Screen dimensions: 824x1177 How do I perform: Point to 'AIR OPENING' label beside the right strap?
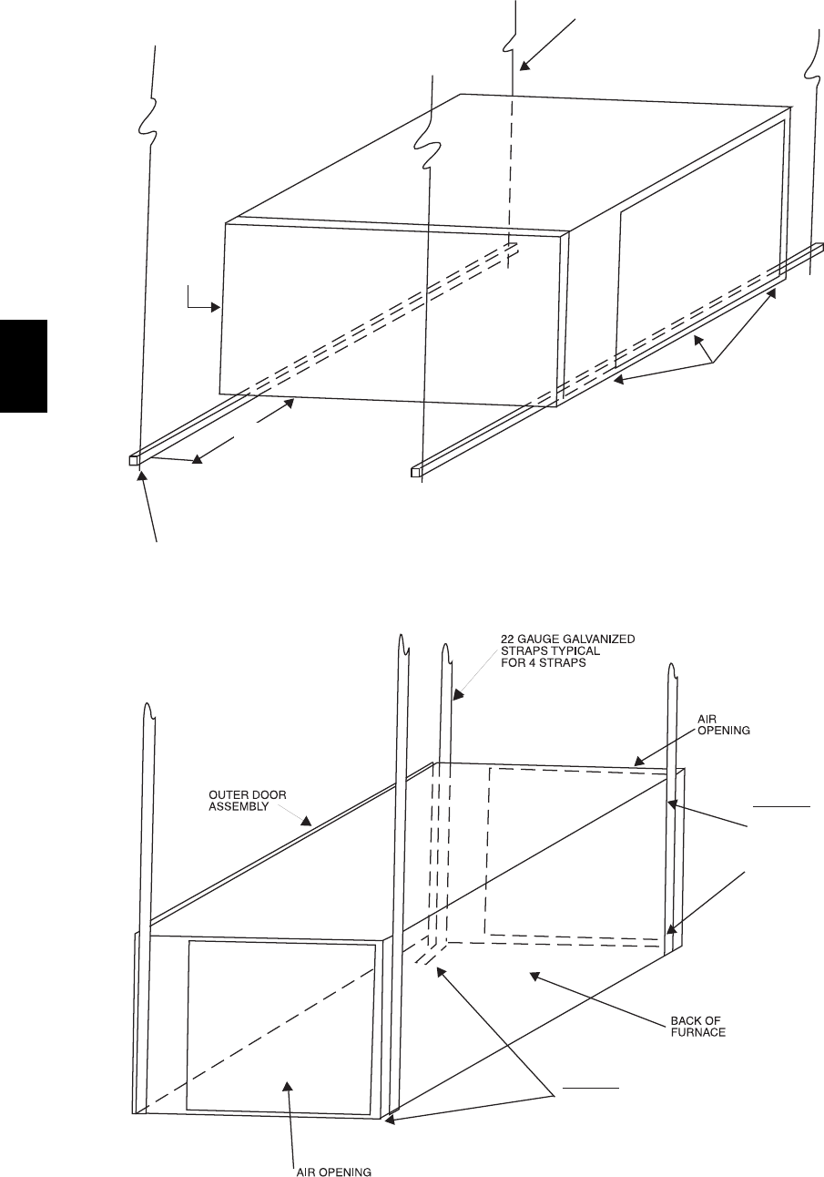[x=724, y=725]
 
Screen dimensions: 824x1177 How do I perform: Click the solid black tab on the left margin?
[x=24, y=364]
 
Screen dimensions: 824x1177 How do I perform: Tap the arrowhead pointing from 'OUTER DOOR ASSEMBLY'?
[x=309, y=822]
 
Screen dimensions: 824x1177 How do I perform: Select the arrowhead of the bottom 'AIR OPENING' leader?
[x=288, y=1085]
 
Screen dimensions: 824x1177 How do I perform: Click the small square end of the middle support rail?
[x=417, y=472]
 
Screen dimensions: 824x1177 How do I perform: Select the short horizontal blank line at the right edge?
[x=781, y=806]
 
